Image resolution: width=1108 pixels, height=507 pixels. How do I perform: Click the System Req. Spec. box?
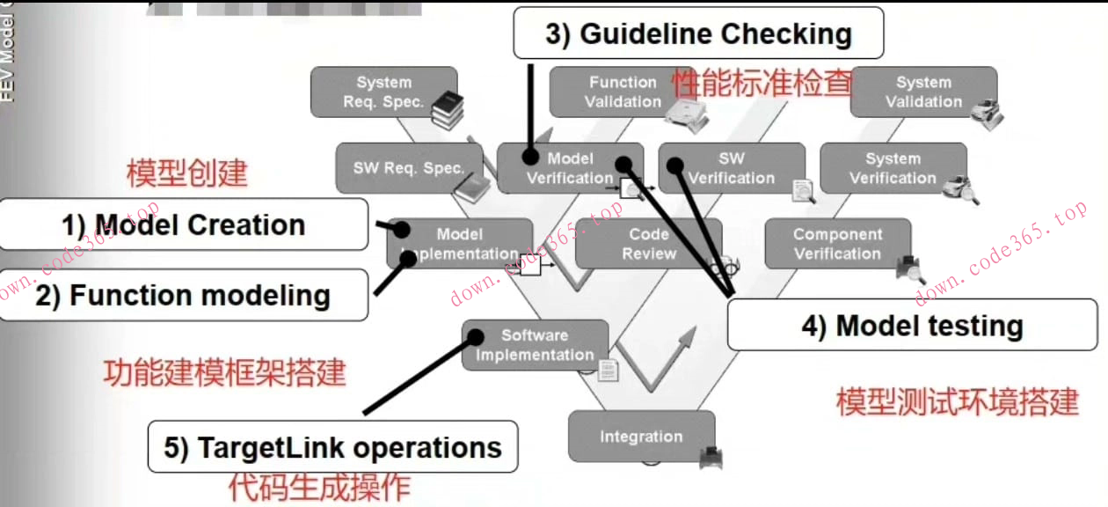pyautogui.click(x=383, y=92)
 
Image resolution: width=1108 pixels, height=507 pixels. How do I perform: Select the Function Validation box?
pyautogui.click(x=616, y=92)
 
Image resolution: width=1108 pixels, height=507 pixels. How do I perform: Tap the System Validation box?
pyautogui.click(x=923, y=92)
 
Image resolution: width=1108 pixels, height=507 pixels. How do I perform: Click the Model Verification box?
pyautogui.click(x=570, y=168)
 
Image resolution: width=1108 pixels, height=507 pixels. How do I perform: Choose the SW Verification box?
pyautogui.click(x=732, y=168)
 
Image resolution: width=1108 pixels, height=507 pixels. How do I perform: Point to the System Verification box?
pyautogui.click(x=893, y=168)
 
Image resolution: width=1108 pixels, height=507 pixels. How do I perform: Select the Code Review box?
pyautogui.click(x=649, y=244)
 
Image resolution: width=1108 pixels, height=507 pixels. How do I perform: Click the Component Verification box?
pyautogui.click(x=837, y=244)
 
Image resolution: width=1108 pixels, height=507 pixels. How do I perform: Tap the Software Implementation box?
pyautogui.click(x=535, y=345)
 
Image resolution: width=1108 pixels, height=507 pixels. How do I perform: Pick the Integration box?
pyautogui.click(x=641, y=437)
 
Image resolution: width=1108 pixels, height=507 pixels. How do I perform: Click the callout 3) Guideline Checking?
pyautogui.click(x=698, y=34)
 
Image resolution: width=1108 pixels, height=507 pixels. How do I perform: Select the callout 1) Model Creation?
pyautogui.click(x=183, y=224)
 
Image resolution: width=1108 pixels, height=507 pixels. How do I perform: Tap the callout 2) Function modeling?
pyautogui.click(x=183, y=295)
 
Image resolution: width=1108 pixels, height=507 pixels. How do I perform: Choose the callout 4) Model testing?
pyautogui.click(x=912, y=326)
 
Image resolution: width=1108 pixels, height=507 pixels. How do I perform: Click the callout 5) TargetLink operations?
pyautogui.click(x=332, y=447)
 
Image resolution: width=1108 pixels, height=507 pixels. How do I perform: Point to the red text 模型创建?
pyautogui.click(x=186, y=173)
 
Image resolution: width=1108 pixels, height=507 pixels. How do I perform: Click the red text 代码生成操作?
pyautogui.click(x=319, y=487)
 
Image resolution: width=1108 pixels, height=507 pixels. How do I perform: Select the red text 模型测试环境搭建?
pyautogui.click(x=957, y=401)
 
